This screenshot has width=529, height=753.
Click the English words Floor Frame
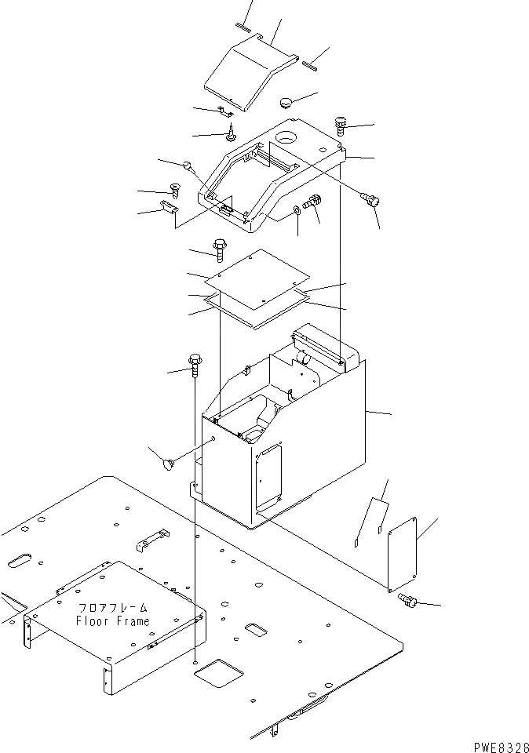point(112,621)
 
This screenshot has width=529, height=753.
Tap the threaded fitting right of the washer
point(312,203)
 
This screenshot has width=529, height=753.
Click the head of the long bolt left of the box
point(195,362)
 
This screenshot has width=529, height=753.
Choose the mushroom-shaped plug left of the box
point(167,465)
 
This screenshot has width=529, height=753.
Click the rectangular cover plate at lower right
point(405,552)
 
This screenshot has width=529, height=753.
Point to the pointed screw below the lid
point(232,133)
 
